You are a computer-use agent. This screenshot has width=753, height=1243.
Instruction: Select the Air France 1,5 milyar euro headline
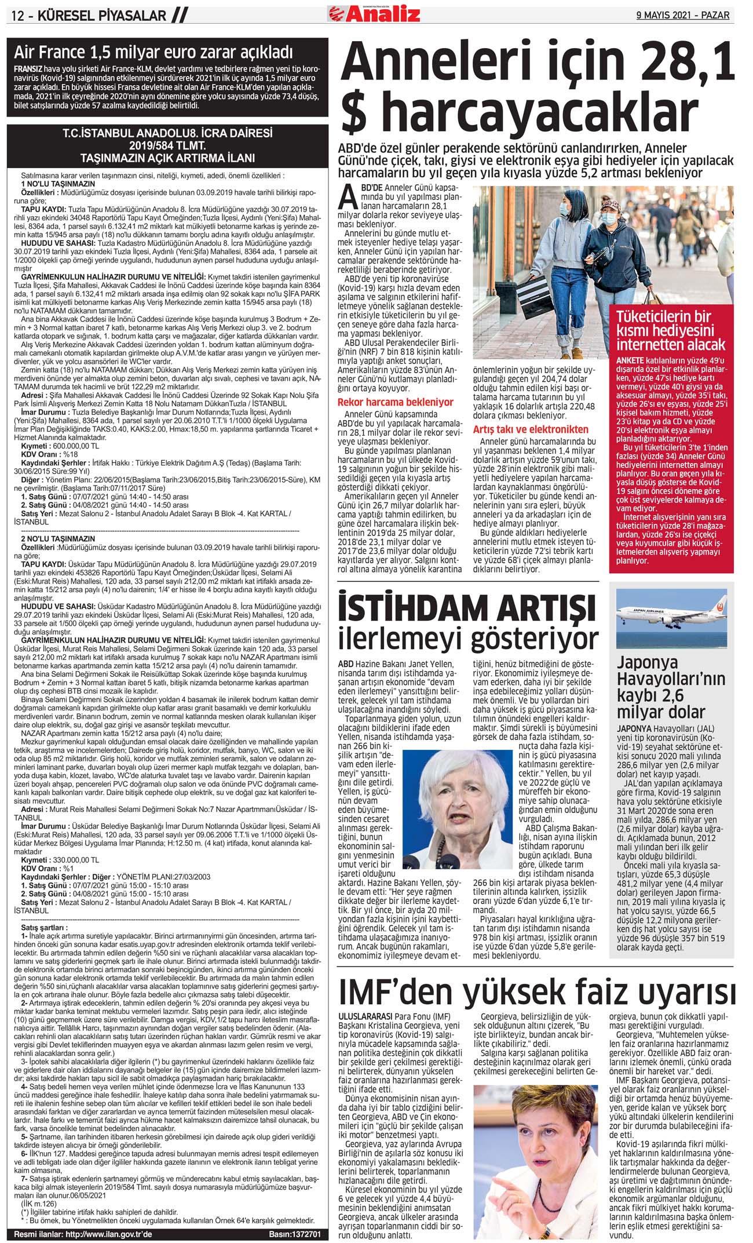(153, 53)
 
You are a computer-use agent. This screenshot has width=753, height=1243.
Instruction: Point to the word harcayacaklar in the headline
(539, 114)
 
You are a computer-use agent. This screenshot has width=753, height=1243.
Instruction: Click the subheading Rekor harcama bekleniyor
(396, 402)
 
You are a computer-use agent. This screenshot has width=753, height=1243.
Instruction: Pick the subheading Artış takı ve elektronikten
(530, 429)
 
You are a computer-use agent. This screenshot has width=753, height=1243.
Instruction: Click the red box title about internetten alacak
(671, 331)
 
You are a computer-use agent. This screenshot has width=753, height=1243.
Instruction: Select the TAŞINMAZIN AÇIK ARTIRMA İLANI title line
(167, 158)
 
